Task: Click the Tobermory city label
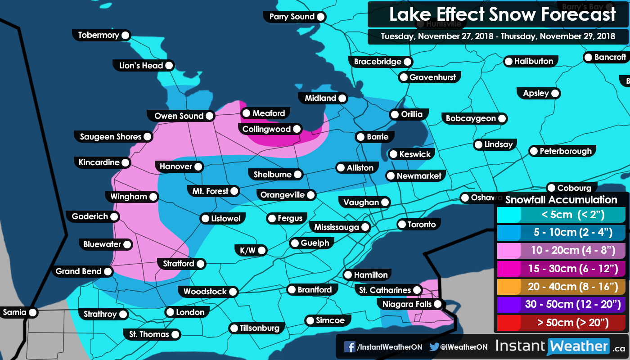tap(98, 35)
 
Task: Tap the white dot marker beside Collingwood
tap(297, 129)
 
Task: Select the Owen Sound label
tap(179, 116)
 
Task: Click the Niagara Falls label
tap(407, 304)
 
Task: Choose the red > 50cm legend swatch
tap(561, 323)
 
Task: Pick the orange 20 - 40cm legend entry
tap(561, 286)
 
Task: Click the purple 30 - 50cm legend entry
tap(561, 305)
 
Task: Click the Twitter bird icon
tap(434, 347)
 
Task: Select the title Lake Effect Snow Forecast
tap(502, 14)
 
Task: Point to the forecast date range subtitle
tap(498, 36)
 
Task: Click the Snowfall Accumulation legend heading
tap(561, 200)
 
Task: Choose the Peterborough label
tap(565, 151)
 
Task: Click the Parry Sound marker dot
tap(321, 17)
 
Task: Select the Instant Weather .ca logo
tap(560, 346)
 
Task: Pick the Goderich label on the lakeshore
tap(90, 216)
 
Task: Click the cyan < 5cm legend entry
tap(561, 215)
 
